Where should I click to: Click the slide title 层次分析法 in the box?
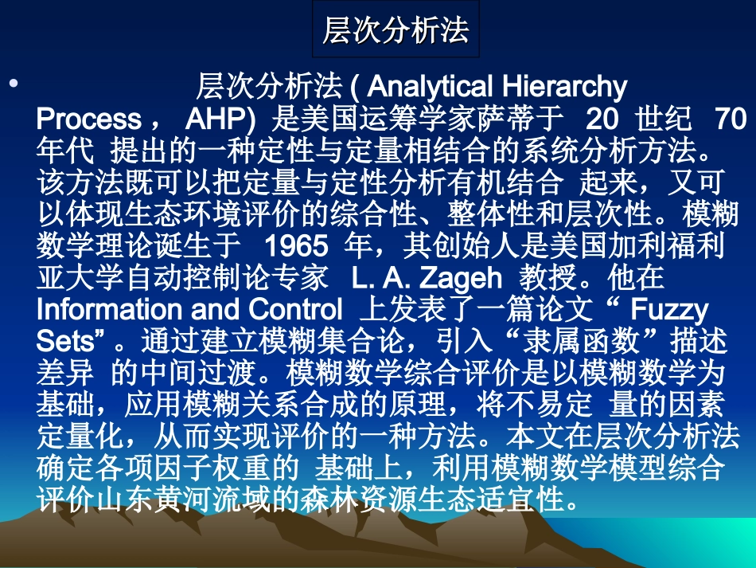[x=396, y=31]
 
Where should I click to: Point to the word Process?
[x=88, y=119]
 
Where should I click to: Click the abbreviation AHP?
[x=217, y=119]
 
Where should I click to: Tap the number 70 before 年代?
[x=731, y=119]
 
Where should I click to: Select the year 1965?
[x=296, y=245]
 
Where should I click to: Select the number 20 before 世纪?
[x=602, y=119]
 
